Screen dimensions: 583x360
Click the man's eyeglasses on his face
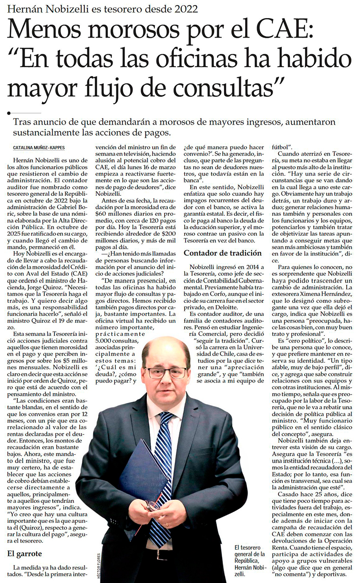167,372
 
